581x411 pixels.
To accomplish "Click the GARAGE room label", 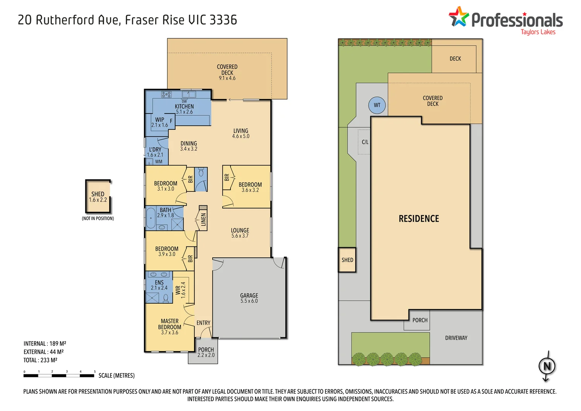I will (x=249, y=296).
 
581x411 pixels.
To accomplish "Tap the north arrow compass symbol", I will (x=547, y=366).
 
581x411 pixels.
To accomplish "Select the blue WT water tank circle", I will (x=377, y=105).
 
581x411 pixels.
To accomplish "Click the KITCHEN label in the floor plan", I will (x=184, y=107).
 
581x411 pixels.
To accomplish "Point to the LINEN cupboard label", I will (x=203, y=220).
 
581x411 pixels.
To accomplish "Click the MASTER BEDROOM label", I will (x=170, y=324).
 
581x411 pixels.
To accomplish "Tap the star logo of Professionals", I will (x=459, y=17).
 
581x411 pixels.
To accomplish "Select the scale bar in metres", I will (x=59, y=375).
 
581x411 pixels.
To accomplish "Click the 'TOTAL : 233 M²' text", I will (x=40, y=360).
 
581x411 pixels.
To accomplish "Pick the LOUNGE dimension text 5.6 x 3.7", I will (x=240, y=236).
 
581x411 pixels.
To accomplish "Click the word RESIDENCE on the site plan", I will (x=419, y=219).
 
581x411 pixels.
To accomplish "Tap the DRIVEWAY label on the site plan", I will (x=456, y=338).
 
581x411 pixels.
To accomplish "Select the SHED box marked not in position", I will (x=98, y=196).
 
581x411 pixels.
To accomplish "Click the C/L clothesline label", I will (x=365, y=142).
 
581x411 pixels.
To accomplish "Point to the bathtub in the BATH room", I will (x=151, y=218).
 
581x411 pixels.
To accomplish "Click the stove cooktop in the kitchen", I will (x=166, y=94).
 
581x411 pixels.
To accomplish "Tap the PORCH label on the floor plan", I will (x=206, y=349).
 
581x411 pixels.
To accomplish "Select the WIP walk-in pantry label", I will (x=160, y=120).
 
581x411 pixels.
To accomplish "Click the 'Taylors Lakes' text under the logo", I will (x=538, y=32).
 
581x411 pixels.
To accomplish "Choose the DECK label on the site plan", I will (x=455, y=59).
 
